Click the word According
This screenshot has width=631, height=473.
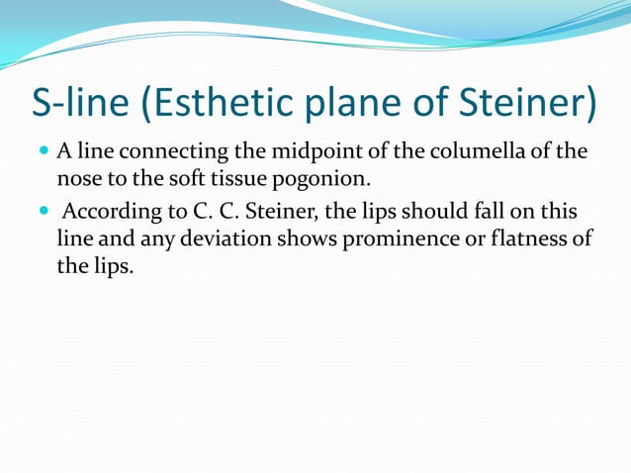(x=112, y=215)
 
